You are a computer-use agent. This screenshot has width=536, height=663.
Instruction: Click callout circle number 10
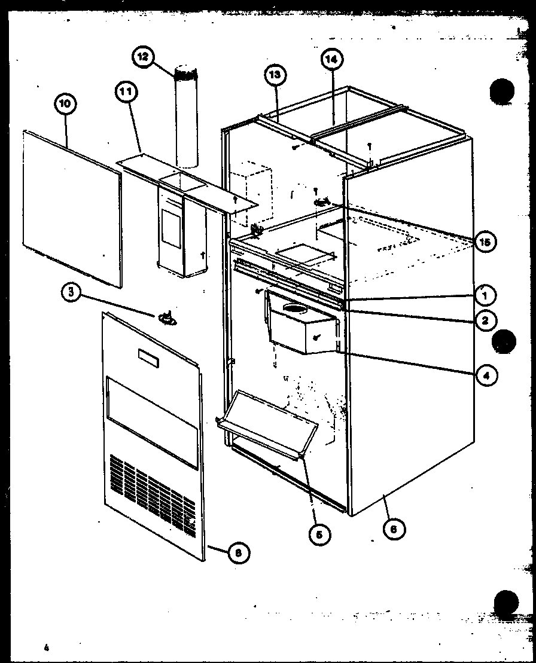65,103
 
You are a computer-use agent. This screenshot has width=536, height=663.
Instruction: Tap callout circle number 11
126,92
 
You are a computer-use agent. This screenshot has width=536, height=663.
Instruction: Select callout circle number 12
143,57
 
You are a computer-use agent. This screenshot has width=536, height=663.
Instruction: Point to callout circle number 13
275,75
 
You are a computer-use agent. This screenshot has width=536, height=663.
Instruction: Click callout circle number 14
332,59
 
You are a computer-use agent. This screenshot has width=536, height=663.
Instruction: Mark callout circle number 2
485,320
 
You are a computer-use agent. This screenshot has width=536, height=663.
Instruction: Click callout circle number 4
487,375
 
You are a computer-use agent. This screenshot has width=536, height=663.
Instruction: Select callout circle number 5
319,534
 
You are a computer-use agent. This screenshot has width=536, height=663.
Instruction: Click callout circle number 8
238,553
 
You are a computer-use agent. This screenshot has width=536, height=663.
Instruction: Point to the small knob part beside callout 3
167,319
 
